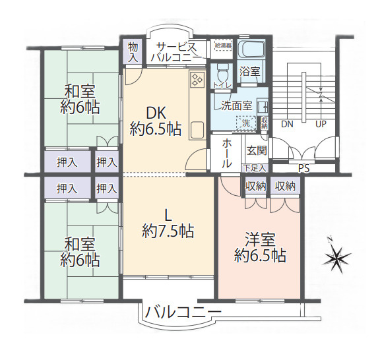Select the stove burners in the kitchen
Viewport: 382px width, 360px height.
[197, 79]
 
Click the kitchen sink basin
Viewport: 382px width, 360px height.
[197, 130]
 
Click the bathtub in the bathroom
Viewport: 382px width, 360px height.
[251, 50]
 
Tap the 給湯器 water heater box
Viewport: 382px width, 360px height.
[224, 45]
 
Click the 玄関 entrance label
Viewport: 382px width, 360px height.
[257, 151]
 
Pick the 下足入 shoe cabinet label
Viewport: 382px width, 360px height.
[255, 168]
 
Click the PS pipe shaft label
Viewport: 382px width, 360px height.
[304, 168]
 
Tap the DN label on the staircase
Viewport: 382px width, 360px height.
[287, 124]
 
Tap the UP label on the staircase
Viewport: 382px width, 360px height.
[321, 124]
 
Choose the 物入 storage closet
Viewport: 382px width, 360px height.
[133, 52]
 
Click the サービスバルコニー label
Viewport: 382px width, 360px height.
[176, 52]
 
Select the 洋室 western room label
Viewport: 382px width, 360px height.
[260, 239]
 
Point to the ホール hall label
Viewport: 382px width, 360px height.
[226, 154]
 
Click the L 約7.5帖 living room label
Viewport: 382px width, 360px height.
[168, 224]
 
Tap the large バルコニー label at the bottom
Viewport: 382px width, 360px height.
[183, 313]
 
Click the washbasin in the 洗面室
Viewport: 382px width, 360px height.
[263, 107]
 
